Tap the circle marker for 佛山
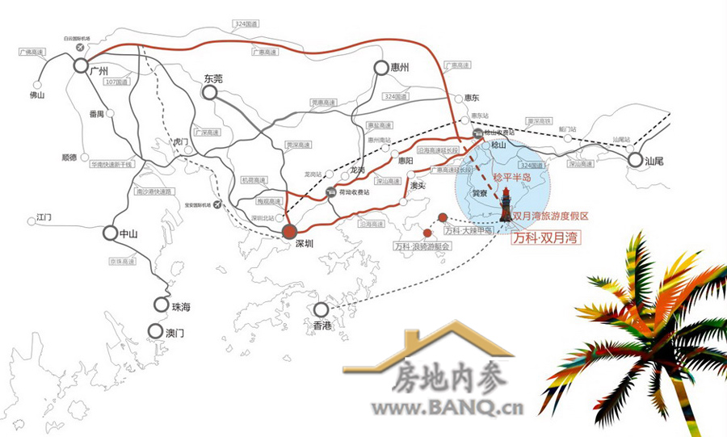tap(38, 83)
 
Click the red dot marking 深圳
tap(289, 232)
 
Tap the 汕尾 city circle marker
tap(635, 162)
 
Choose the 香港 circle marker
tap(321, 309)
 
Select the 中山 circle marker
tap(111, 233)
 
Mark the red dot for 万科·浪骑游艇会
tap(427, 233)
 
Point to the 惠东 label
tap(472, 98)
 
